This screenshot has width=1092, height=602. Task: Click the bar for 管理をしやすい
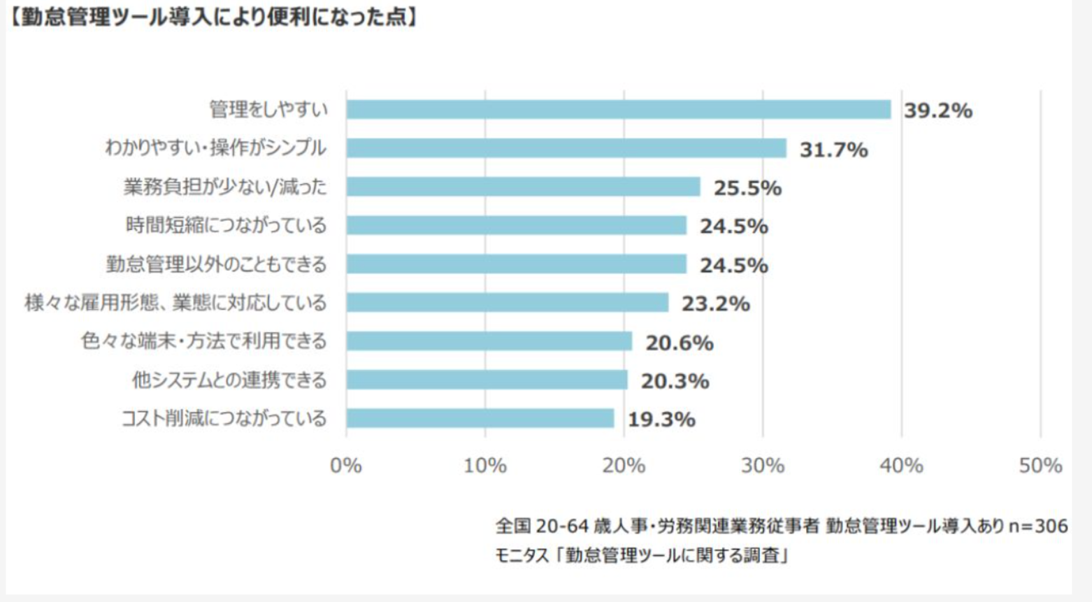[618, 110]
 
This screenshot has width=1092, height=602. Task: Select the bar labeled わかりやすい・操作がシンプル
[566, 148]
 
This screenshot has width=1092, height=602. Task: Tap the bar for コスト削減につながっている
[480, 418]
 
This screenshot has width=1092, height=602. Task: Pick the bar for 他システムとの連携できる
[487, 380]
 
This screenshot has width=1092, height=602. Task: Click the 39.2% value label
[937, 110]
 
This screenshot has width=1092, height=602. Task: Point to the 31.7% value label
[833, 149]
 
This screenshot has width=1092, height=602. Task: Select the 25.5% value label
[747, 187]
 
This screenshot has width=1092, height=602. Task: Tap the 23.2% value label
[715, 303]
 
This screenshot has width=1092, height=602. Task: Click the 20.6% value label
[679, 343]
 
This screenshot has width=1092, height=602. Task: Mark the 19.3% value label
[661, 420]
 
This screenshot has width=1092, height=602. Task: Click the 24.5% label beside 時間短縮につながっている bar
[733, 227]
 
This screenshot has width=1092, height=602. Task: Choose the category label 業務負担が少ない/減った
[224, 187]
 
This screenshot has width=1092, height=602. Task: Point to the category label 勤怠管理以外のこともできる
[216, 264]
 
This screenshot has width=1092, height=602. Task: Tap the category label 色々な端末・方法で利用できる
[203, 341]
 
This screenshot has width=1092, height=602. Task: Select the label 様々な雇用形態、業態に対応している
[175, 303]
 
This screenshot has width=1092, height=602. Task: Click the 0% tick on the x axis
[346, 466]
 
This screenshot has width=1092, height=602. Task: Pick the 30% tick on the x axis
[763, 466]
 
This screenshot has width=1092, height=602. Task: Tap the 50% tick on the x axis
[1040, 466]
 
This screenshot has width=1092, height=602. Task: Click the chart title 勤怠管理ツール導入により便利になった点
[213, 17]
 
